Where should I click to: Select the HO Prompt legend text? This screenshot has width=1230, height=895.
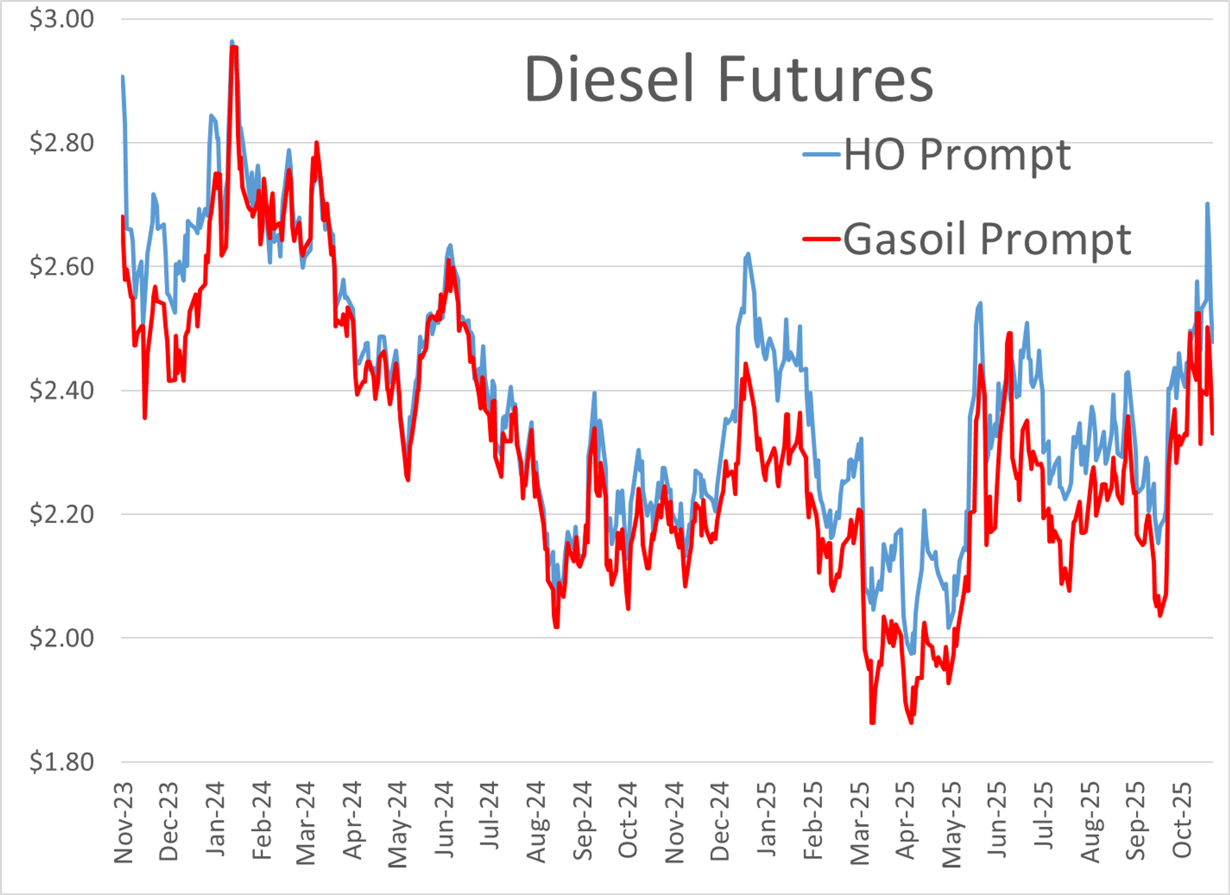pos(957,155)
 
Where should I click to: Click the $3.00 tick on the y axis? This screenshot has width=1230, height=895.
pos(61,19)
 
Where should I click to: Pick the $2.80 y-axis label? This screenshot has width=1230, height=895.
pos(61,143)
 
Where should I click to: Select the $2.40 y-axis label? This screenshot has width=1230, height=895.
pos(61,390)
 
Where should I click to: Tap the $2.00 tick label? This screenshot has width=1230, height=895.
pos(61,638)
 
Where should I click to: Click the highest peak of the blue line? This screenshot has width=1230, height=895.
pos(232,41)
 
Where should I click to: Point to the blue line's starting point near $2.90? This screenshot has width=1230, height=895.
pos(123,77)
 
